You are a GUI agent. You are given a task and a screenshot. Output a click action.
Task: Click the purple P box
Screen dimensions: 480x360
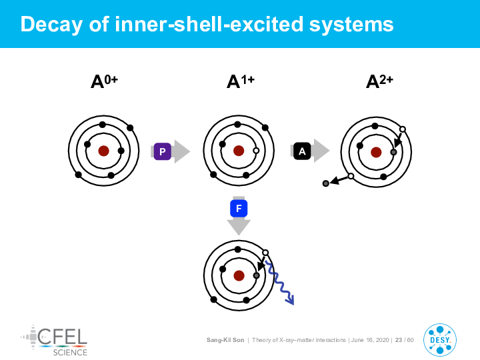tap(162, 151)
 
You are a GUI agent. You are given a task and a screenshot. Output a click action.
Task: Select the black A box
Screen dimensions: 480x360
tap(302, 151)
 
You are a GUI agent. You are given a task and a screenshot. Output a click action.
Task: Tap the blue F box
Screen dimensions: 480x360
tap(239, 209)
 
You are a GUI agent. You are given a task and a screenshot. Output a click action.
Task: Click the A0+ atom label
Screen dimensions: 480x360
tap(104, 81)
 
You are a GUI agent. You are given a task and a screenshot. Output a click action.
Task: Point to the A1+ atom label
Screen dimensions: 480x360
tap(241, 81)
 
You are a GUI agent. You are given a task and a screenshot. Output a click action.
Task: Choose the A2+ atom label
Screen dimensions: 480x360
tap(379, 81)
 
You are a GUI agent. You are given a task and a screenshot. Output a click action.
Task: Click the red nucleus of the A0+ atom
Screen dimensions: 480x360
tap(104, 151)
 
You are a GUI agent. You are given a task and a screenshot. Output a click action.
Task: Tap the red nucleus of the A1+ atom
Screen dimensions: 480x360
tap(239, 151)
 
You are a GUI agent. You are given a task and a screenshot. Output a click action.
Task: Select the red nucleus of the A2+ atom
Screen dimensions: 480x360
tap(376, 152)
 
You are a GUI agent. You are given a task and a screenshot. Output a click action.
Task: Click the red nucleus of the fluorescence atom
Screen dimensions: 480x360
tap(239, 275)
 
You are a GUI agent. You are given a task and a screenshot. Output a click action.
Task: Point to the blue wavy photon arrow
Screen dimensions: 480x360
tap(280, 283)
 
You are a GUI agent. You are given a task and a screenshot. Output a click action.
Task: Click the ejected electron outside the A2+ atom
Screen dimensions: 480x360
tap(326, 183)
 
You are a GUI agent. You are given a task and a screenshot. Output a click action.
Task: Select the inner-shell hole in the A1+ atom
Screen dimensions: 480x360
tap(256, 151)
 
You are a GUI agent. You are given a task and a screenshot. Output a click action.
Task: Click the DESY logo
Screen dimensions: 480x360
tap(440, 340)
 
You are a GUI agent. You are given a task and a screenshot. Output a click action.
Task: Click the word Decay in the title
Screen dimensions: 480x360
tap(51, 25)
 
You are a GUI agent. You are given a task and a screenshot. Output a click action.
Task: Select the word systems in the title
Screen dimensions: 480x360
tap(351, 25)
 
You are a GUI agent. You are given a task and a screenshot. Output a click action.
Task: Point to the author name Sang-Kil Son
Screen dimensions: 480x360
tap(225, 340)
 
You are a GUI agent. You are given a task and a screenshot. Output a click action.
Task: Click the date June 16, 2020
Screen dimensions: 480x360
tap(370, 340)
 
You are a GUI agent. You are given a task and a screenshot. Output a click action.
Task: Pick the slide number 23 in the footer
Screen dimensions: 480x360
tap(399, 340)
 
